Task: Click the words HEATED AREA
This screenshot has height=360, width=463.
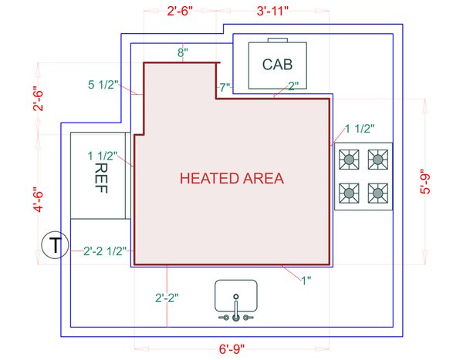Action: click(x=231, y=178)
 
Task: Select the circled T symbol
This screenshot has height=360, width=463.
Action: click(x=55, y=246)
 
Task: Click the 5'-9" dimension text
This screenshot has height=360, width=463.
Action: click(x=427, y=182)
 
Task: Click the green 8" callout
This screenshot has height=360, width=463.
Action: click(x=183, y=52)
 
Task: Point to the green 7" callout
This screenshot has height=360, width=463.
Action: click(x=225, y=88)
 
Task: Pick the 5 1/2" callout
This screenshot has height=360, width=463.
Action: click(x=103, y=85)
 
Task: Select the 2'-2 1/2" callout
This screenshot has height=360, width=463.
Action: click(x=105, y=251)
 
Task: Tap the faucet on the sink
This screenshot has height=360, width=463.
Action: click(x=236, y=312)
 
